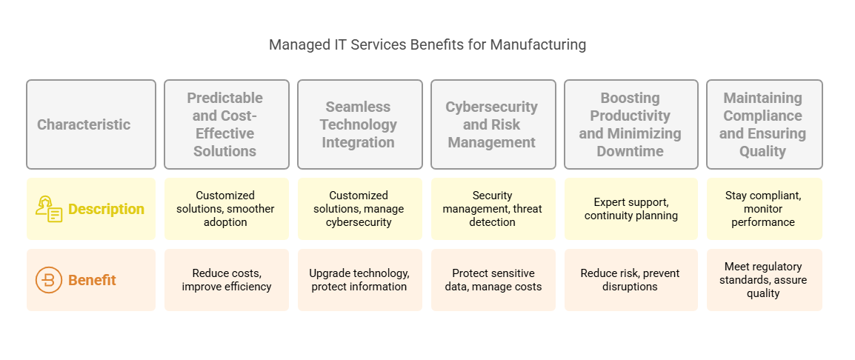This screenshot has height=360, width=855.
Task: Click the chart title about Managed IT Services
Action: coord(427,44)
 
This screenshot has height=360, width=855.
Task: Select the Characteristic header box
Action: coord(91,124)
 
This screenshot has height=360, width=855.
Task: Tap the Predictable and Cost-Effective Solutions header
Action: coord(227,124)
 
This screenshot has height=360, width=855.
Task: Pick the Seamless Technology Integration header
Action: coord(360,124)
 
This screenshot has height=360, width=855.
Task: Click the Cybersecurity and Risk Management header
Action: coord(493,124)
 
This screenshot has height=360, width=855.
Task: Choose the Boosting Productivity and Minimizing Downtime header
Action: coord(631,124)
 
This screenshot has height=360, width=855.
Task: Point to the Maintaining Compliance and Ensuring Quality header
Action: coord(765,124)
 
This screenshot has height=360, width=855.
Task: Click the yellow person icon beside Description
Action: coord(49,209)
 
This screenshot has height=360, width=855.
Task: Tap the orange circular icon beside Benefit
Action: coord(49,280)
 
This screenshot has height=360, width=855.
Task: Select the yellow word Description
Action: coord(107,209)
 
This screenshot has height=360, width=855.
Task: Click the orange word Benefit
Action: coord(92,280)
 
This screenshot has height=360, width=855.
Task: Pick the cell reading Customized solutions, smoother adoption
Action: coord(227,208)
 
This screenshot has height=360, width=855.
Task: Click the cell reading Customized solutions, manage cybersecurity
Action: coord(360,208)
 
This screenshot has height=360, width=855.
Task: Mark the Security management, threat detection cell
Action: coord(493,208)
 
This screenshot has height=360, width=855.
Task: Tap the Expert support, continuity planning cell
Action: coord(631,208)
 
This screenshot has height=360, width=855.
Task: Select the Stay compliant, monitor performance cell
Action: coord(765,208)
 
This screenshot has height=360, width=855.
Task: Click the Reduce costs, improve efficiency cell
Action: coord(227,280)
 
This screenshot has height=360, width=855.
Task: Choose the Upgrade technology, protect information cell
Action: coord(360,280)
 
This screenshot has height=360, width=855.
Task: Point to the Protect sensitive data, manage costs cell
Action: coord(493,280)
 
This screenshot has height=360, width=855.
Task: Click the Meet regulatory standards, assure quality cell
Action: coord(765,280)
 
